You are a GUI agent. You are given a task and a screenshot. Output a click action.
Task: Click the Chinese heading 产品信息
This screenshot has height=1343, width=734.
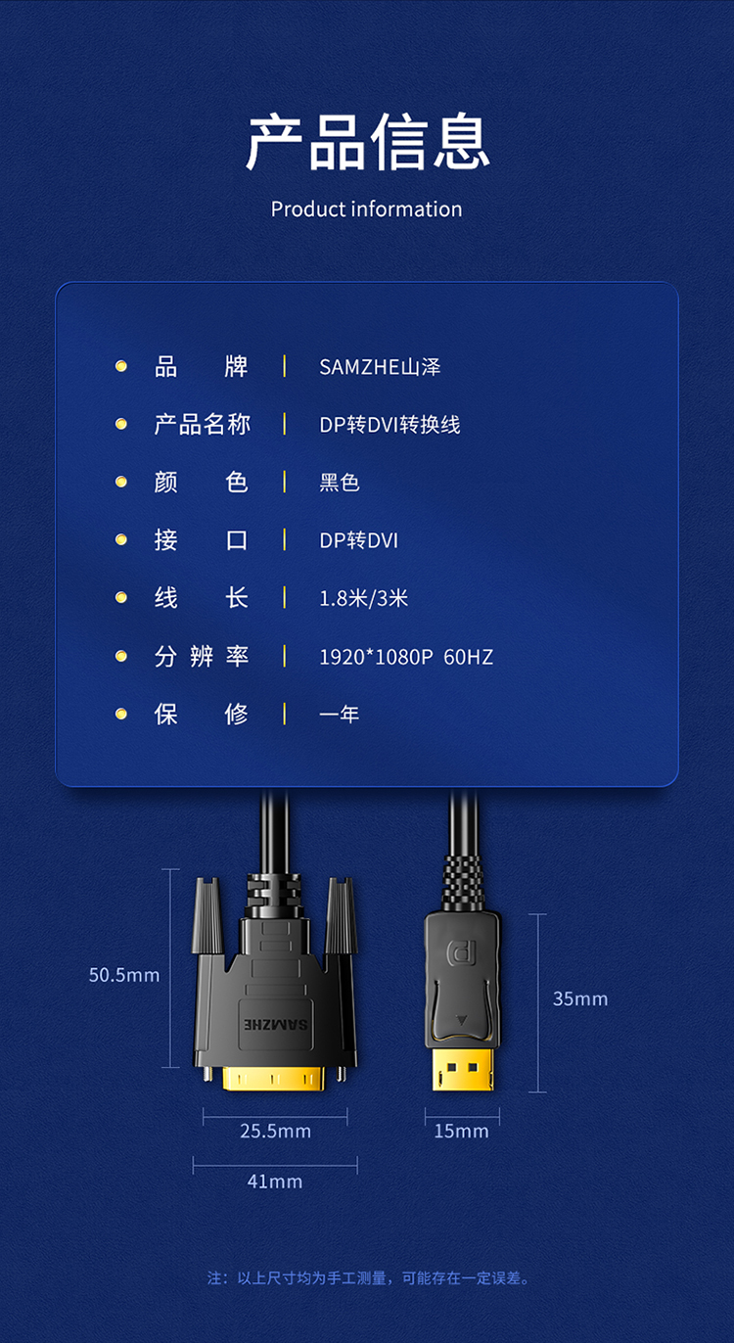pyautogui.click(x=368, y=142)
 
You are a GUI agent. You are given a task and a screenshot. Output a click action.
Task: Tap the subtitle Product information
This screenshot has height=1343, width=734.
pyautogui.click(x=366, y=209)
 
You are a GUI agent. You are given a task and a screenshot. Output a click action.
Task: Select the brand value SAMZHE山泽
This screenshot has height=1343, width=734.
pyautogui.click(x=380, y=367)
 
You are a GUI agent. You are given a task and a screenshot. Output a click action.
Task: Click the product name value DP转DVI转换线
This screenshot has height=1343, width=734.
pyautogui.click(x=390, y=425)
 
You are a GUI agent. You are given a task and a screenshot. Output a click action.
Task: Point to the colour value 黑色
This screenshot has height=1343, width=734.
pyautogui.click(x=340, y=482)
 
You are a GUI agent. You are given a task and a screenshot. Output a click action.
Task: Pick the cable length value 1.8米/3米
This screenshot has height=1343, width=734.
pyautogui.click(x=363, y=598)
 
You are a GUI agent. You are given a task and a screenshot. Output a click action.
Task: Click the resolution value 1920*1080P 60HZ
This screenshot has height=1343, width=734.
pyautogui.click(x=406, y=657)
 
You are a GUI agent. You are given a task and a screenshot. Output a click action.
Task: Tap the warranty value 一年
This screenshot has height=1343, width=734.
pyautogui.click(x=339, y=714)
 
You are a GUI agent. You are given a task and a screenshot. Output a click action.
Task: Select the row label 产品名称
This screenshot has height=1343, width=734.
pyautogui.click(x=202, y=425)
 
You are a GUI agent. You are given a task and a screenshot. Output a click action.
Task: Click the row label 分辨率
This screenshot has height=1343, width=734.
pyautogui.click(x=202, y=657)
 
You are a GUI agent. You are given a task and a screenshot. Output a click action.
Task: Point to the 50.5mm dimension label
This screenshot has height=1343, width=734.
pyautogui.click(x=124, y=975)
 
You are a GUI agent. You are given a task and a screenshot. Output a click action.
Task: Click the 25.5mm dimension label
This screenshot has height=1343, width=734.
pyautogui.click(x=275, y=1131)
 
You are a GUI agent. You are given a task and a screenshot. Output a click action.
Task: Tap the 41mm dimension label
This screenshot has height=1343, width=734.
pyautogui.click(x=275, y=1181)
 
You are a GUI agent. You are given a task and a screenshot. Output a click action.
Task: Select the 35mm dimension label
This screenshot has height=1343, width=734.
pyautogui.click(x=580, y=998)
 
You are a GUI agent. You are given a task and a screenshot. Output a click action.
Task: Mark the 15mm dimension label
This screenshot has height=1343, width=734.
pyautogui.click(x=461, y=1131)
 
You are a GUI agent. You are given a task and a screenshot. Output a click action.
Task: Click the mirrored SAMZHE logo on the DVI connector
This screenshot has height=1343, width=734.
pyautogui.click(x=276, y=1024)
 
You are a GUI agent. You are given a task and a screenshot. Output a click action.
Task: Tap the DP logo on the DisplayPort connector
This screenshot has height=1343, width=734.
pyautogui.click(x=462, y=952)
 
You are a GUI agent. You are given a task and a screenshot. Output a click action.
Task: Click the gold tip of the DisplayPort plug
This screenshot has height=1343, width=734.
pyautogui.click(x=463, y=1069)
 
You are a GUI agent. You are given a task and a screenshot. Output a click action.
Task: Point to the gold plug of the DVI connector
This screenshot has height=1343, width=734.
pyautogui.click(x=274, y=1078)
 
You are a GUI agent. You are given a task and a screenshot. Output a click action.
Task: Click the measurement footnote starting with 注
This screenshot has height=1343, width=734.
pyautogui.click(x=369, y=1278)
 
